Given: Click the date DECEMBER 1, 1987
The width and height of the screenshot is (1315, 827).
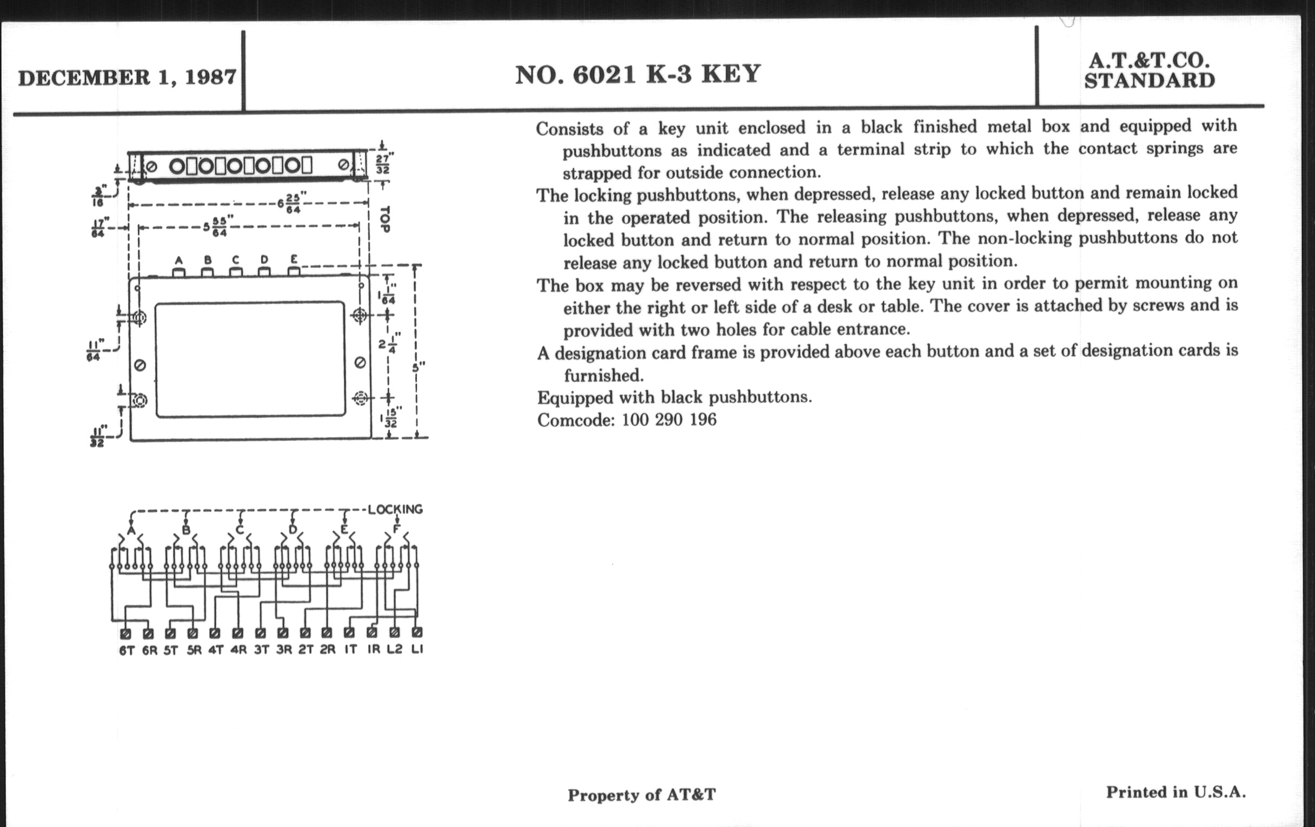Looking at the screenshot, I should point(127,77).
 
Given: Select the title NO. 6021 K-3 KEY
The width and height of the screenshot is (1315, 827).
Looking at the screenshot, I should point(638,74).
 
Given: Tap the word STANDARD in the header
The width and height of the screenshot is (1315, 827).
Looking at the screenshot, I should point(1150,81).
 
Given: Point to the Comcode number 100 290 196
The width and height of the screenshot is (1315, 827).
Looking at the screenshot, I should point(669,420).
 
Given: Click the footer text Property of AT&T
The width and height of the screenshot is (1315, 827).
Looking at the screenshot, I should point(642,795).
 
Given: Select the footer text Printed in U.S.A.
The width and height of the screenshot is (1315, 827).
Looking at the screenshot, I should point(1175,792).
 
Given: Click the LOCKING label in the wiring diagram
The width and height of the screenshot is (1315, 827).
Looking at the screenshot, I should point(395,509).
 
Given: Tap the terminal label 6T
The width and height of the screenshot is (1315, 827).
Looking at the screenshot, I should point(126,650).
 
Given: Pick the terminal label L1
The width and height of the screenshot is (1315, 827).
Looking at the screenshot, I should point(417,649).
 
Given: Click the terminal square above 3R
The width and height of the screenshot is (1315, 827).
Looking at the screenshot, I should point(282,633).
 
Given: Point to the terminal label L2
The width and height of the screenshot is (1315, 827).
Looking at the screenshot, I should point(394,649).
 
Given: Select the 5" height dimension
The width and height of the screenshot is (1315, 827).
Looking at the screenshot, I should point(419,367).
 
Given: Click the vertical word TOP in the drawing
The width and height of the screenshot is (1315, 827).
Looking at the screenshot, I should point(384,219).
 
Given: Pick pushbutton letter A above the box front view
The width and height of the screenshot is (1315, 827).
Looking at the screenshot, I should point(178,261).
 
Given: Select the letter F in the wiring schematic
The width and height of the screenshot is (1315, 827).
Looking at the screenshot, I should point(396,529).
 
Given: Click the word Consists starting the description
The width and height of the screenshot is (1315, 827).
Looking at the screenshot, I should point(569,129).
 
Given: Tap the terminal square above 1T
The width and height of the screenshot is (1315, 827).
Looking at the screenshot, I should point(349,632).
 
